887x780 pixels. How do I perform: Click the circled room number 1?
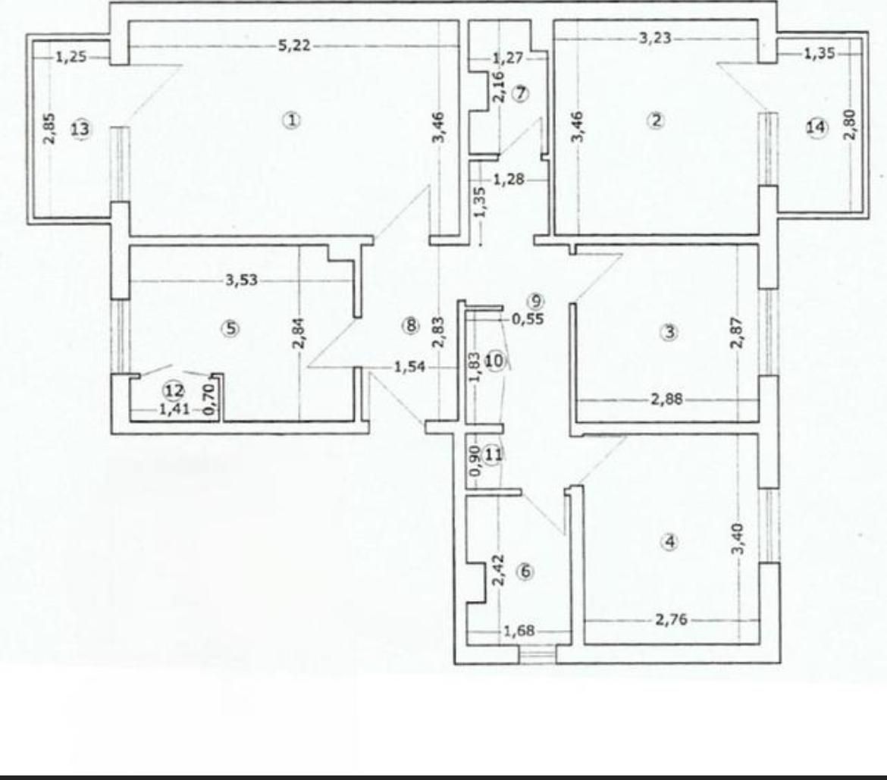point(291,119)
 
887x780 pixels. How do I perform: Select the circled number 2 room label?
point(656,119)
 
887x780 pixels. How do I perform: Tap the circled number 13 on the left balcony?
point(80,130)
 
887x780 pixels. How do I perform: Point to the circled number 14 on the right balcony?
point(816,128)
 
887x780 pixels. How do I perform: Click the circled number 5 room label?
point(230,328)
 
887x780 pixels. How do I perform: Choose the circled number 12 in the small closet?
point(174,391)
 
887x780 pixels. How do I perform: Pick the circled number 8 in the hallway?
point(411,326)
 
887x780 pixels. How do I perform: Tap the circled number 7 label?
point(519,94)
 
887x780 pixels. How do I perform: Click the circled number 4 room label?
point(669,541)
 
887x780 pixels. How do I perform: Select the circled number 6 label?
point(525,572)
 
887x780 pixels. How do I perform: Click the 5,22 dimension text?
point(294,46)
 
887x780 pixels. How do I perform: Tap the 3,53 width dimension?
point(242,280)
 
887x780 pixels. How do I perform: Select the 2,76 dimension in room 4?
point(670,620)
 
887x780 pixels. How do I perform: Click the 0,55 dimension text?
point(528,319)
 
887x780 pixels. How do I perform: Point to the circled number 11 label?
point(494,456)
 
